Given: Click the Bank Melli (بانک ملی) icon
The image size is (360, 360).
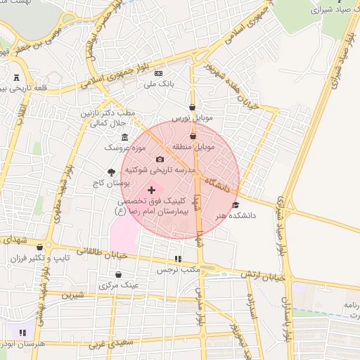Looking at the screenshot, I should pyautogui.click(x=158, y=73).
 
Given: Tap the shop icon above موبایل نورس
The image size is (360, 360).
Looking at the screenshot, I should pyautogui.click(x=192, y=107).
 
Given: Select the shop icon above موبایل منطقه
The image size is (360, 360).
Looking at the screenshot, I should pyautogui.click(x=193, y=136).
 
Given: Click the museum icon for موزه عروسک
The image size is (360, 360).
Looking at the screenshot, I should pyautogui.click(x=125, y=137).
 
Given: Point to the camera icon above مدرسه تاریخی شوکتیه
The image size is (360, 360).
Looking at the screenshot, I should pyautogui.click(x=159, y=160).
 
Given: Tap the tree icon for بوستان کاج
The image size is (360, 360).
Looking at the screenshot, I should pyautogui.click(x=111, y=172).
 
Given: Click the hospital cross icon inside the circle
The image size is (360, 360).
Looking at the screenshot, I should pyautogui.click(x=152, y=190).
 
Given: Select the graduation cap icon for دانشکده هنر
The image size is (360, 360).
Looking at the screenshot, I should pyautogui.click(x=235, y=205).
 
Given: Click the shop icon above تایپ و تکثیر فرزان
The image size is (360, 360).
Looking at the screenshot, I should pyautogui.click(x=39, y=247).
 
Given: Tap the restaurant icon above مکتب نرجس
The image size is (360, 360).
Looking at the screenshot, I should pyautogui.click(x=178, y=259).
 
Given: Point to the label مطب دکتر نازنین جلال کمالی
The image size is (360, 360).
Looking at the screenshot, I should pyautogui.click(x=111, y=118).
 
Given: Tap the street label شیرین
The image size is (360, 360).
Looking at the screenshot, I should pyautogui.click(x=72, y=295).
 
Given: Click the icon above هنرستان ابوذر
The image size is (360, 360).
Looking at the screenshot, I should pyautogui.click(x=23, y=332).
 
